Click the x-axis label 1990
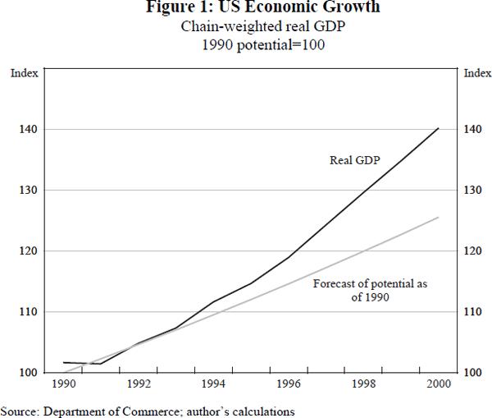tap(62, 384)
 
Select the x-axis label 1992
tap(138, 384)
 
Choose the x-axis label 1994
tap(213, 384)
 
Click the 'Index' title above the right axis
tap(477, 73)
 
